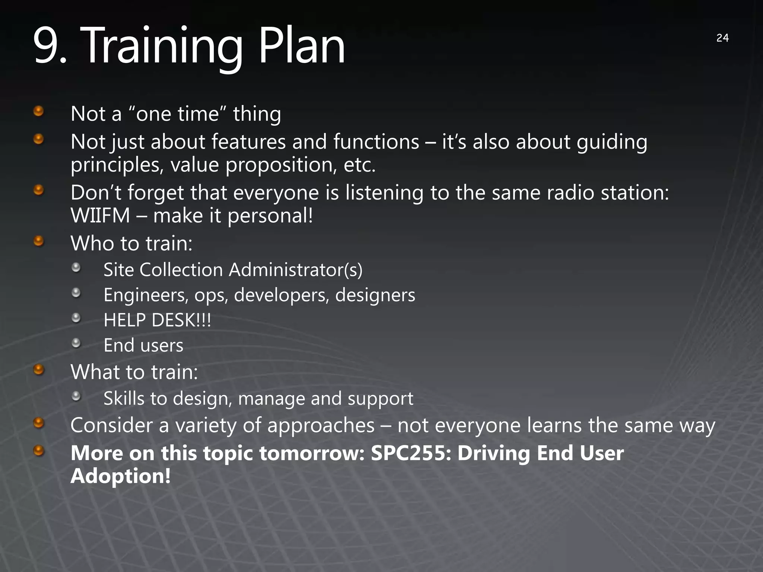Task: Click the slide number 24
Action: point(722,38)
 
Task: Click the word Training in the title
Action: point(161,47)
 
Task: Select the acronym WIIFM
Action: point(100,216)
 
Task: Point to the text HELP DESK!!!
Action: point(157,320)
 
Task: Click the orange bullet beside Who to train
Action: point(39,241)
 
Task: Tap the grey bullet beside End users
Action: point(76,343)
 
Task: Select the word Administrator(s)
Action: point(295,270)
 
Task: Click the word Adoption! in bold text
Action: point(121,476)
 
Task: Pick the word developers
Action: point(281,295)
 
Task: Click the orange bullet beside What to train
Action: point(39,370)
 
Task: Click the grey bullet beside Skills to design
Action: point(76,396)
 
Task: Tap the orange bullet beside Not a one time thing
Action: point(39,111)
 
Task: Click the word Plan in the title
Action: point(302,47)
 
